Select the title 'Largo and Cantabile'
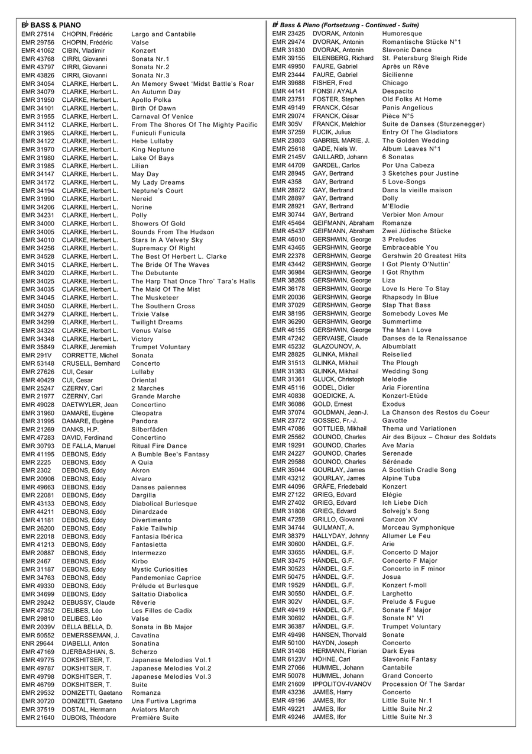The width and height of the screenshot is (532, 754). [x=163, y=34]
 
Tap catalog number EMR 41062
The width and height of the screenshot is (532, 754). [x=37, y=51]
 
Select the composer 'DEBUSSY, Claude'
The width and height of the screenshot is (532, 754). [x=89, y=602]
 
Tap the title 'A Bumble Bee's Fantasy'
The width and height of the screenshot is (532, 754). [x=170, y=454]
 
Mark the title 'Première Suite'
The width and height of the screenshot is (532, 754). [x=155, y=717]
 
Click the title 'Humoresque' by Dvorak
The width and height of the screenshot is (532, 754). [x=402, y=34]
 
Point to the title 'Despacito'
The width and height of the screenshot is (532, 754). [x=398, y=91]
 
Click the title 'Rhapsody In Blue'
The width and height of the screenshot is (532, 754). [x=410, y=297]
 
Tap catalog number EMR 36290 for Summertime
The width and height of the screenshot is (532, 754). [x=288, y=322]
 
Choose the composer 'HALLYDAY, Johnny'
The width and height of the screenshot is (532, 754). [x=340, y=536]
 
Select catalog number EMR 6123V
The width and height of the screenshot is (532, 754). [x=288, y=659]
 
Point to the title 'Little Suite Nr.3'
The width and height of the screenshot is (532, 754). [x=407, y=717]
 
